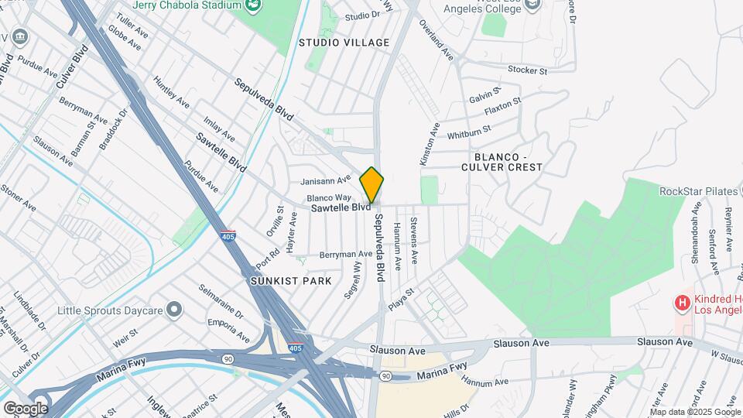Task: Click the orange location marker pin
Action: (371, 185)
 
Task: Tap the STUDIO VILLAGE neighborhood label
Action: (344, 43)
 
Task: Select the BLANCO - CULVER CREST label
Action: (502, 161)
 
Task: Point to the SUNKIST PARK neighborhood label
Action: (291, 281)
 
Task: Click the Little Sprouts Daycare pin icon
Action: (174, 310)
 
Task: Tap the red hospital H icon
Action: (682, 303)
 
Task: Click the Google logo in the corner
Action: (25, 408)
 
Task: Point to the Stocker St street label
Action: (527, 70)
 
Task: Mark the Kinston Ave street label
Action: (428, 143)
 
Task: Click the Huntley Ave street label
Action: (171, 92)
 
